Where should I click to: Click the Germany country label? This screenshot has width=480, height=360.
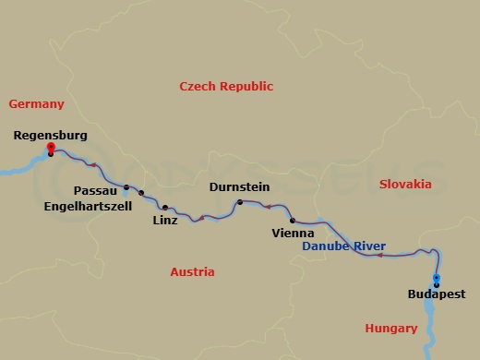tap(36, 104)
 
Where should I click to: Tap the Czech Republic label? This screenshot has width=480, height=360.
tap(226, 86)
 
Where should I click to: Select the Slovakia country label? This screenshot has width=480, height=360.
tap(405, 184)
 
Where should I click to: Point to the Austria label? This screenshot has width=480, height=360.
tap(192, 272)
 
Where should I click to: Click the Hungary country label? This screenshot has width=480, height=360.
tap(390, 328)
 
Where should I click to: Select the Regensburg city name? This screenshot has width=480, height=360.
tap(51, 135)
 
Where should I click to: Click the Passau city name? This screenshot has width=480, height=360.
tap(94, 190)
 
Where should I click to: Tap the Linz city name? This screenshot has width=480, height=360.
tap(165, 221)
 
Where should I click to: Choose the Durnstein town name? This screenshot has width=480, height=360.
tap(239, 186)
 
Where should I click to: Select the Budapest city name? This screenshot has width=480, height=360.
tap(436, 294)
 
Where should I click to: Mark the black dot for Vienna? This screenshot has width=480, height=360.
tap(293, 221)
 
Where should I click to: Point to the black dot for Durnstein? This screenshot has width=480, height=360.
tap(240, 202)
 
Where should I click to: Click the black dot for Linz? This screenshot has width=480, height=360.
tap(165, 208)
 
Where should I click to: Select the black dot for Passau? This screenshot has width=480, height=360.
tap(126, 186)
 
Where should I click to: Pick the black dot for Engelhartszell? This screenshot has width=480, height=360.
tap(141, 193)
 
